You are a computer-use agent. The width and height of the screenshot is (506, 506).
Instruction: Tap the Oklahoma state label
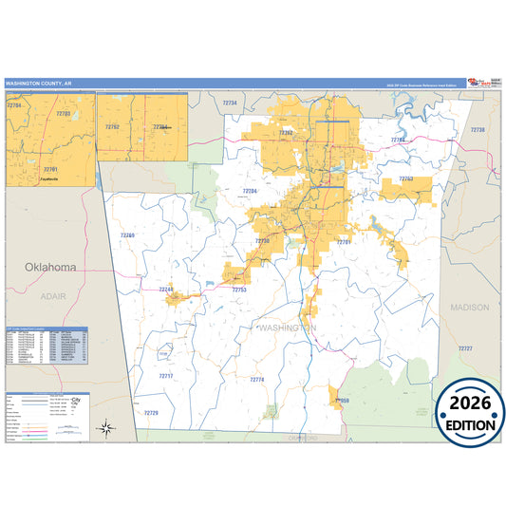click(51, 268)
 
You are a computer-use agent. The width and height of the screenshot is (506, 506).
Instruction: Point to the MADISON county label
click(470, 308)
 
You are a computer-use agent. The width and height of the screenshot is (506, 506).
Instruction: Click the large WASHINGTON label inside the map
click(286, 328)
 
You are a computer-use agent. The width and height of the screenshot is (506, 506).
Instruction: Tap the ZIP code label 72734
click(229, 103)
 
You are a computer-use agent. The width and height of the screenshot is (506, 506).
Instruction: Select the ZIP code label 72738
click(478, 130)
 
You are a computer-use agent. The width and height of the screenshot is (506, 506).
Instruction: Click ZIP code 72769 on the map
click(127, 234)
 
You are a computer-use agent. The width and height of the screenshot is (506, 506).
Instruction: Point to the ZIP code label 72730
click(263, 241)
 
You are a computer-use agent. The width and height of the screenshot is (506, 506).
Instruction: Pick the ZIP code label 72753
click(239, 289)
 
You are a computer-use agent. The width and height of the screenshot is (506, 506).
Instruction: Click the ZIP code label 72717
click(166, 376)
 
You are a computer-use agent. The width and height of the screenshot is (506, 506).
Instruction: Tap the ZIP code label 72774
click(257, 380)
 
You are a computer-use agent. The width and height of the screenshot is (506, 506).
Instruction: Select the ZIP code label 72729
click(151, 413)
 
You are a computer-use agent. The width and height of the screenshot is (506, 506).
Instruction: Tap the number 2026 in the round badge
click(471, 403)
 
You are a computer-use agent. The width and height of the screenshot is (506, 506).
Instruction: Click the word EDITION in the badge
click(471, 424)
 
